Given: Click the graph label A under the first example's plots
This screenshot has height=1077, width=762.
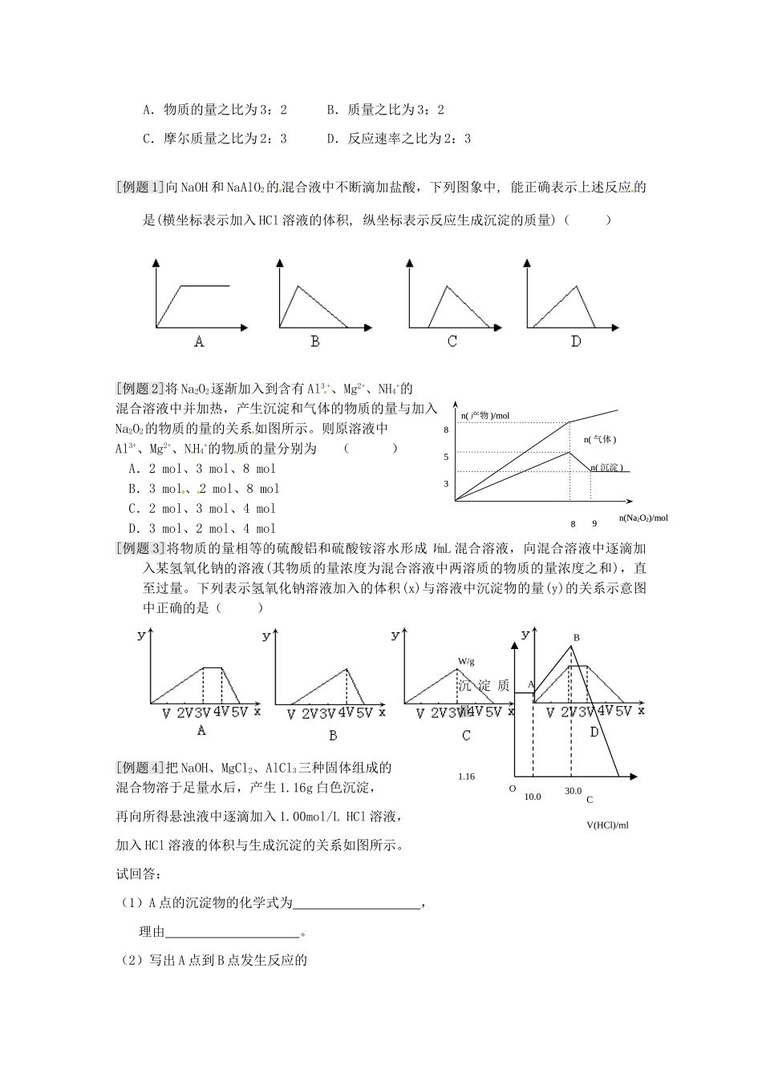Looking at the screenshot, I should (x=199, y=342).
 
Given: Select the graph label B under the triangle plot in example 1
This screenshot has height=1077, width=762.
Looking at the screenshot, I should (x=315, y=342).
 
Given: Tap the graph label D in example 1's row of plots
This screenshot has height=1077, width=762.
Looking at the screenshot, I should (x=576, y=342).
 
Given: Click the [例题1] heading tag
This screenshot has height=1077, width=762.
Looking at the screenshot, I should (x=140, y=188).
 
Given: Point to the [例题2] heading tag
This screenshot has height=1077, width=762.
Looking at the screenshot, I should (x=140, y=389).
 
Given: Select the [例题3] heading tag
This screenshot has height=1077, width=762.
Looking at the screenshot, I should (x=140, y=549).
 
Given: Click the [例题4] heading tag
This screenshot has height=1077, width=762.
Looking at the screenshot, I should (x=140, y=768).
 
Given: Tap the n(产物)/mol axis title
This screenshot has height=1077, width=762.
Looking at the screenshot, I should (x=485, y=416).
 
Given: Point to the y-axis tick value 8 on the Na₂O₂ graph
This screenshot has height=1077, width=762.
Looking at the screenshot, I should (x=446, y=430).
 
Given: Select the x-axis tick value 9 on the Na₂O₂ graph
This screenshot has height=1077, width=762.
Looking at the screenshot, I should (x=594, y=524).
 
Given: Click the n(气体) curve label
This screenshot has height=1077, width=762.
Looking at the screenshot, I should (x=601, y=440).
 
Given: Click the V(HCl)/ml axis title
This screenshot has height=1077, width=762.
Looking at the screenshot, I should (x=607, y=825).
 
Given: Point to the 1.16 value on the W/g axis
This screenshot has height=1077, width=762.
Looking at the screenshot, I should (x=466, y=776).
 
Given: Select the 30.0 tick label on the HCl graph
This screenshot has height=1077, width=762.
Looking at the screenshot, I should (x=573, y=791).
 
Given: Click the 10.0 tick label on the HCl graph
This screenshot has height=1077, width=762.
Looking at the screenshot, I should (x=533, y=797).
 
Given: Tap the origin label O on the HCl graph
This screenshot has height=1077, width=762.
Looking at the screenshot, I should (x=513, y=789).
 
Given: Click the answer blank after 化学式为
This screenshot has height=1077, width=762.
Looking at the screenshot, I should (x=357, y=904).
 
